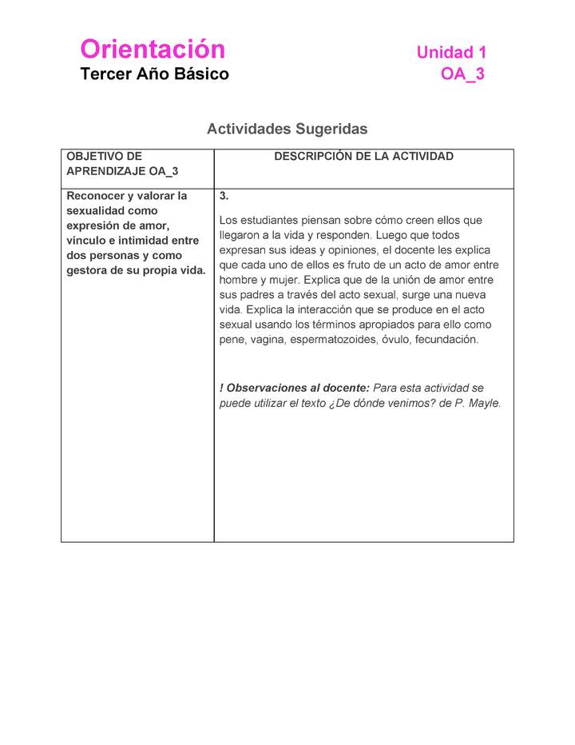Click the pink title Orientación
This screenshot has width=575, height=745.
coord(153,50)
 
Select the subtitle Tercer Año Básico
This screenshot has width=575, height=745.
coord(154,74)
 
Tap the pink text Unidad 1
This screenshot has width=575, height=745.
coord(451,53)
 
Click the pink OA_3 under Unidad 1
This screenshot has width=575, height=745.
coord(462,74)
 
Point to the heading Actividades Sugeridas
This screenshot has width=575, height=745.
coord(287,129)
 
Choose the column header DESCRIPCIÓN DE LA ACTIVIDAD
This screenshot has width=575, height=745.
coord(363,157)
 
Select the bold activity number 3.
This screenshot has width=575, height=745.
coord(224,196)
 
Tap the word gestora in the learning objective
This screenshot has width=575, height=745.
coord(89,270)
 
